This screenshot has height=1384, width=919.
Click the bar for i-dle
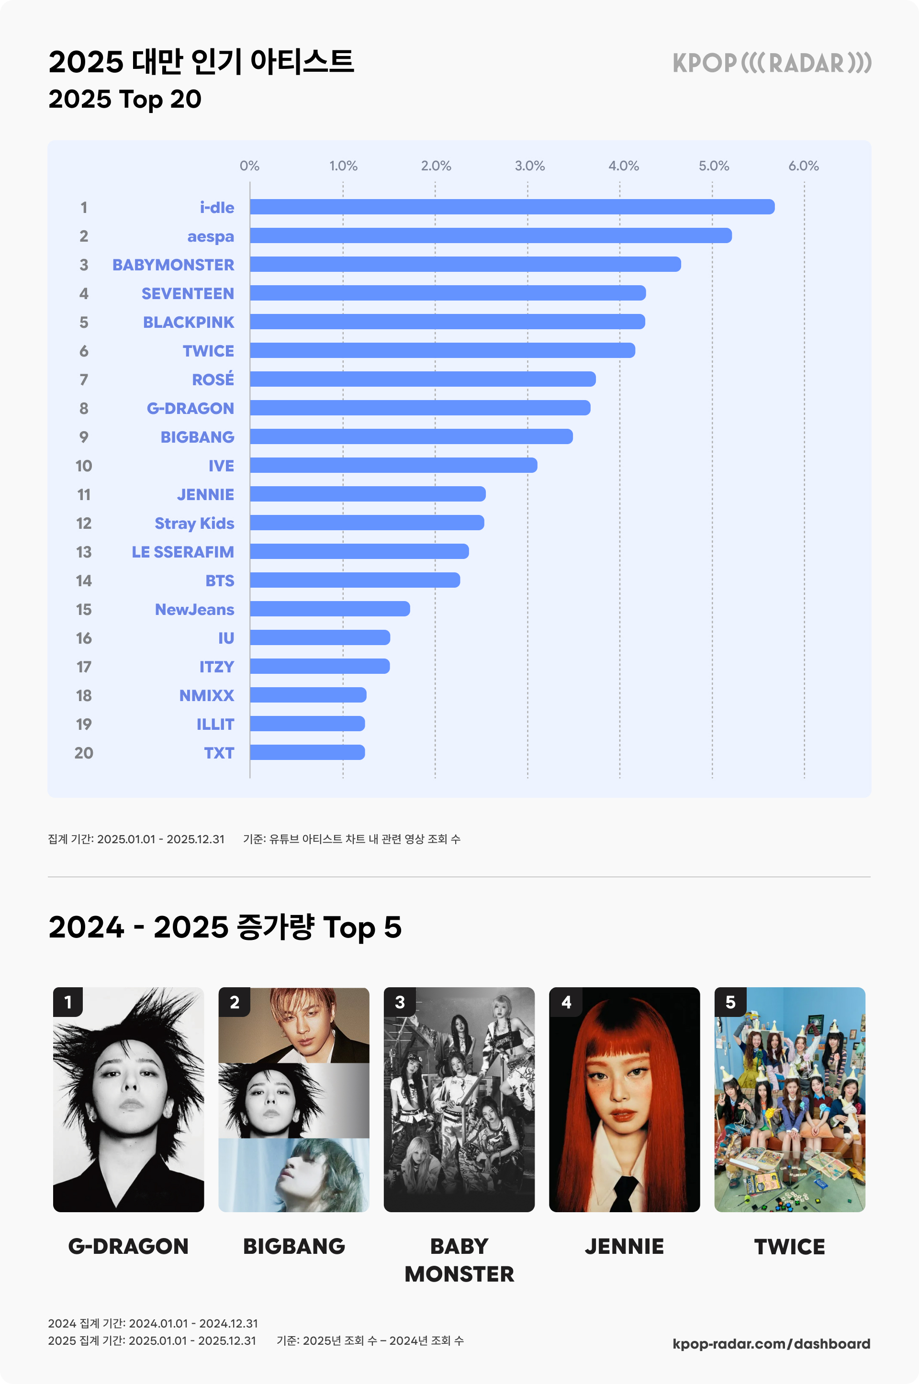(512, 207)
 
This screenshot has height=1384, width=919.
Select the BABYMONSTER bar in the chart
(465, 264)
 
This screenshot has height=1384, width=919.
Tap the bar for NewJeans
(329, 609)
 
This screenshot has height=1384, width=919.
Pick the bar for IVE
(393, 465)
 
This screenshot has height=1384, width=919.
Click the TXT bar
(307, 752)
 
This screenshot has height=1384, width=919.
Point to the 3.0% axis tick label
(529, 166)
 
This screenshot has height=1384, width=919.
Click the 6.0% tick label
(803, 166)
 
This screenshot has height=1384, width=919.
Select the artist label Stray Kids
(194, 523)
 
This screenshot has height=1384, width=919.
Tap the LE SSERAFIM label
(182, 552)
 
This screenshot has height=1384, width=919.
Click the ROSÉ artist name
(213, 379)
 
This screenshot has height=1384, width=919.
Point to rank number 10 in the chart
(84, 466)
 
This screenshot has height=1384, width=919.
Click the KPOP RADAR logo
(771, 63)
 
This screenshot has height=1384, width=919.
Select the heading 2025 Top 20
(125, 99)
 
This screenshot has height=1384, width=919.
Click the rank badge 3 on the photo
(400, 1002)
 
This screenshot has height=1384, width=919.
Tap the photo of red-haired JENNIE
(624, 1099)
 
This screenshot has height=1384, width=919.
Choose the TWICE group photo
(789, 1099)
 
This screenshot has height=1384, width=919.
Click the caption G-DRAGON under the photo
(128, 1246)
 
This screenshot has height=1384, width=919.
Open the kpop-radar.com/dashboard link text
(771, 1344)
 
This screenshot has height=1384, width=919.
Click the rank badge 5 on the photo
(729, 1002)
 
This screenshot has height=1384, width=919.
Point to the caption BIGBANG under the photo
(293, 1246)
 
